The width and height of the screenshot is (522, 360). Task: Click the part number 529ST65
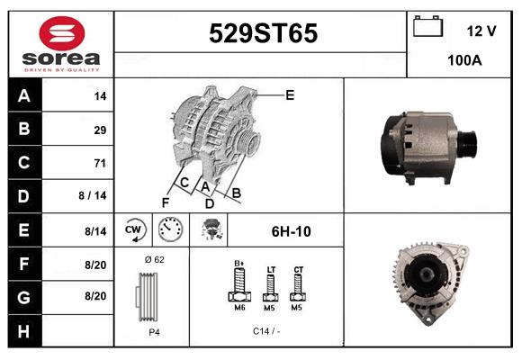point(263,33)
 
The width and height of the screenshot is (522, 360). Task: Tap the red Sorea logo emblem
point(62,33)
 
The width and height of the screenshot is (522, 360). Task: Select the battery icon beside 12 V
point(427,26)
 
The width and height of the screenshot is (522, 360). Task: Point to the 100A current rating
point(464,60)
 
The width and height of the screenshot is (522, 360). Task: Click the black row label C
point(24,163)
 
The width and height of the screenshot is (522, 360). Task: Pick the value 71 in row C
point(100,163)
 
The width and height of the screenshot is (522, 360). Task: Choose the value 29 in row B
point(100,130)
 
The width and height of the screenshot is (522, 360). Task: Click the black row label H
point(24,331)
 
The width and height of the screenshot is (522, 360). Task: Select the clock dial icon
point(170,229)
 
